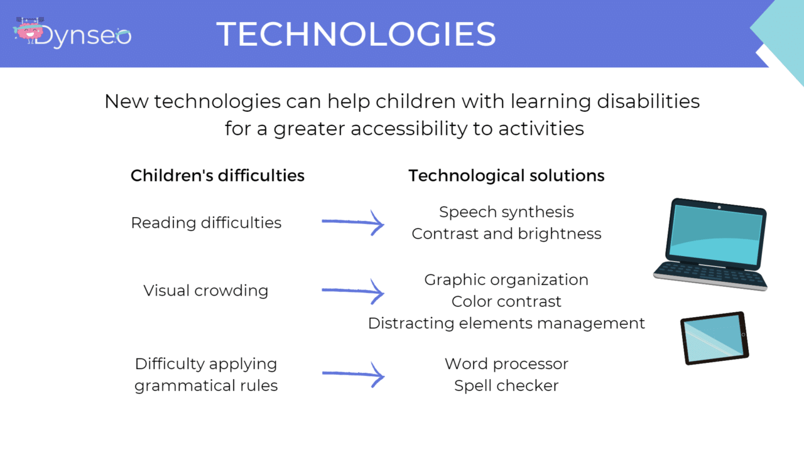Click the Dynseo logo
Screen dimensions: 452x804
(72, 34)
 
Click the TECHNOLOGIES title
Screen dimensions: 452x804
(356, 34)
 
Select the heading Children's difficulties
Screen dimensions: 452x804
(217, 176)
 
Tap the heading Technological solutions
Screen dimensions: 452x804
(506, 176)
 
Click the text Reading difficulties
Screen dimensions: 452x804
(206, 223)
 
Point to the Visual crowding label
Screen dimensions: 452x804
(206, 291)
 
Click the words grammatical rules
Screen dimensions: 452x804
(206, 385)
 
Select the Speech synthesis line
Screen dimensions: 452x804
(506, 212)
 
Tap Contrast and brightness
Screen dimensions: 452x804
(506, 234)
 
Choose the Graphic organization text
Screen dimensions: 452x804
(506, 280)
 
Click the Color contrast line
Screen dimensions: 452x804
(506, 302)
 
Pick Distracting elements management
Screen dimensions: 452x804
(506, 323)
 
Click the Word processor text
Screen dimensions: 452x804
(506, 364)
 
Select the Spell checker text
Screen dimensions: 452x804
(506, 385)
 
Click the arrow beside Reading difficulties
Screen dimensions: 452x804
(353, 222)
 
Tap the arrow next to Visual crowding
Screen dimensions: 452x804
(353, 291)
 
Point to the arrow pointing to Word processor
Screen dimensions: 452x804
(353, 375)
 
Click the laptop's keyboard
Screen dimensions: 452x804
(710, 275)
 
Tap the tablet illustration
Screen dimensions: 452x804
(714, 338)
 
